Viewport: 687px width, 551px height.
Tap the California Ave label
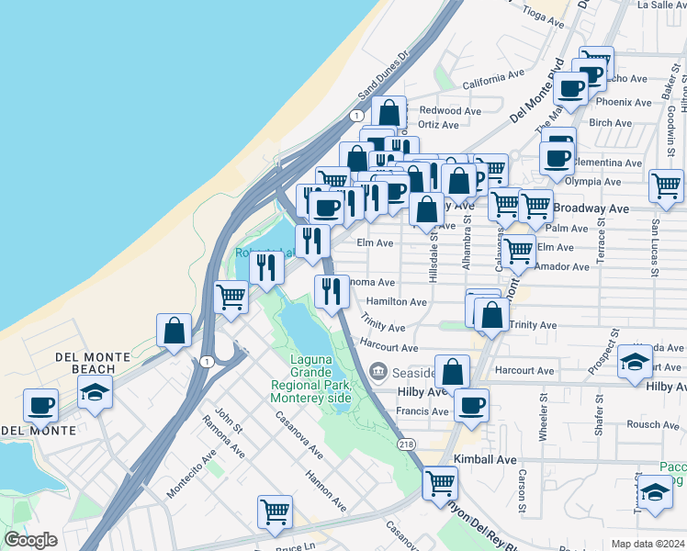point(493,83)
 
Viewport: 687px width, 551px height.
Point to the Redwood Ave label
point(450,111)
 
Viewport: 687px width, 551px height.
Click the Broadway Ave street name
point(595,208)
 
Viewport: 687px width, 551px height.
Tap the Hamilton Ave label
point(397,301)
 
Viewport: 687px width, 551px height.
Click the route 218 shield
point(405,444)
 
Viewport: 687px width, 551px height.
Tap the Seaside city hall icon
point(377,372)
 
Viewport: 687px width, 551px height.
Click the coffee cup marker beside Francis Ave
point(471,405)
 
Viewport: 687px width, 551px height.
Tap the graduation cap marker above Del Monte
point(95,392)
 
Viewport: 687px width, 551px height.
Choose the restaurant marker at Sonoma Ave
point(331,291)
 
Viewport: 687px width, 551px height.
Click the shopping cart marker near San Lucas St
point(665,186)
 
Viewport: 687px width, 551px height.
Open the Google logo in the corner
point(29,540)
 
